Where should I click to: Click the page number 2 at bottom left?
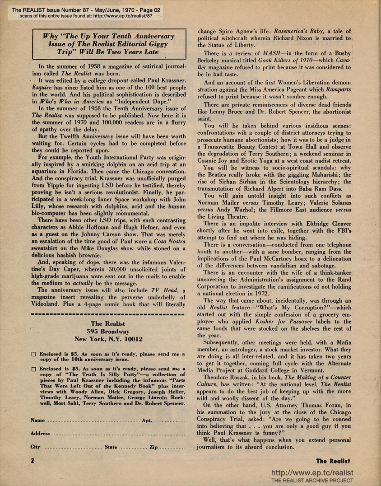click(33, 461)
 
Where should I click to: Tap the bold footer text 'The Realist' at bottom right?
click(334, 461)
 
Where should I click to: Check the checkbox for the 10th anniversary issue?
click(33, 355)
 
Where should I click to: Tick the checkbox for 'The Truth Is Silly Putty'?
click(33, 369)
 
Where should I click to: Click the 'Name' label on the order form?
click(37, 420)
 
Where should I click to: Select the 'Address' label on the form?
click(40, 433)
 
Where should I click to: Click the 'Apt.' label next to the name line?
click(147, 420)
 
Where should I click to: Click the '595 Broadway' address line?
click(108, 331)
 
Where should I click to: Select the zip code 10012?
click(132, 339)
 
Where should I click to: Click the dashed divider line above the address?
click(108, 313)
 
